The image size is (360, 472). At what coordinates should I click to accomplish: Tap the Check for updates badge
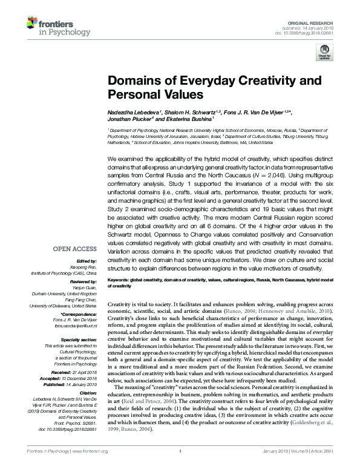point(323,56)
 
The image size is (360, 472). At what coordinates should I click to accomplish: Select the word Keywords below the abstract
point(120,281)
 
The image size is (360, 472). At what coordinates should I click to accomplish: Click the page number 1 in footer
point(180,467)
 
